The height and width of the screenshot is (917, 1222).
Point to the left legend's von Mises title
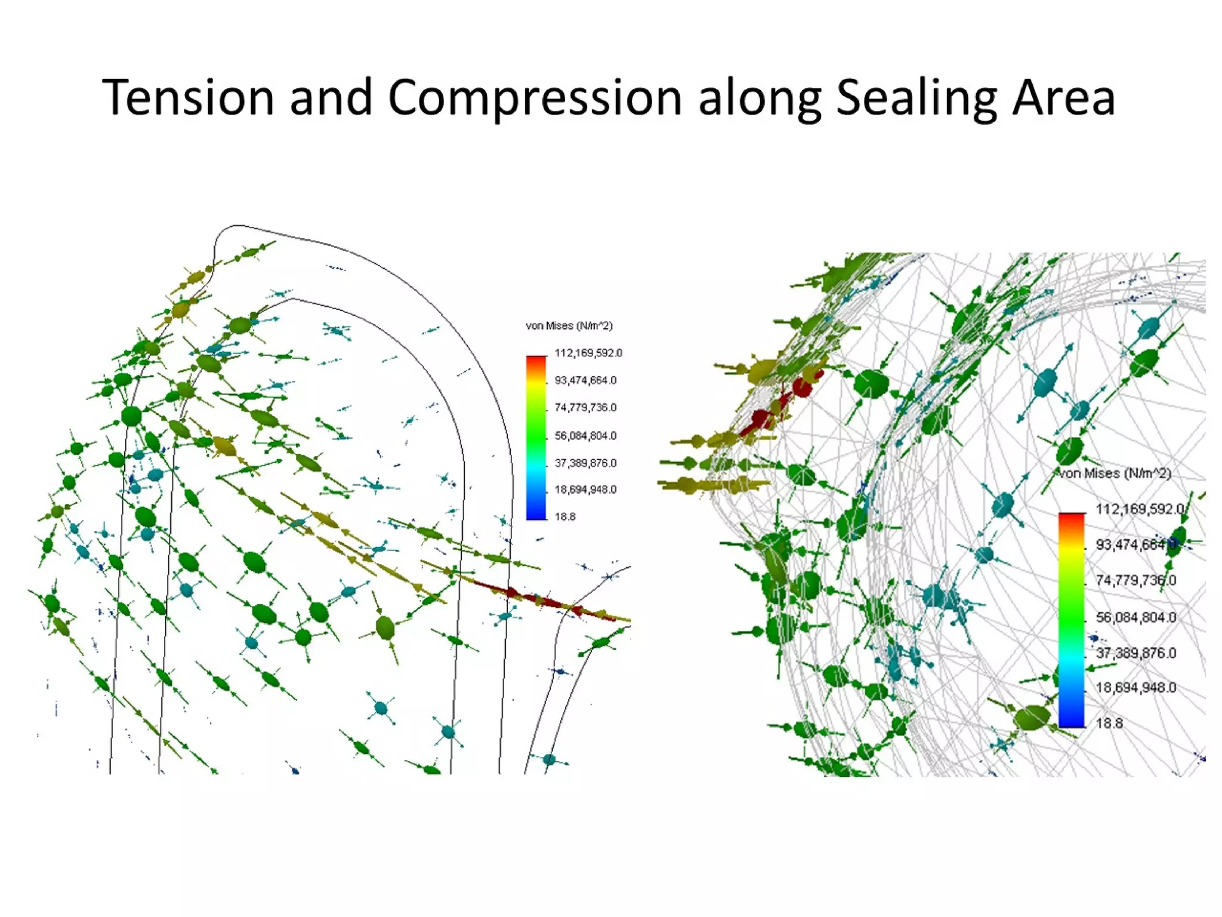point(569,326)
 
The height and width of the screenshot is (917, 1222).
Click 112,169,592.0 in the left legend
point(588,353)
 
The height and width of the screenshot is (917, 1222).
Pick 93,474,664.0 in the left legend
point(585,380)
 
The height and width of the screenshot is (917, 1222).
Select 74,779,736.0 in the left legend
point(585,408)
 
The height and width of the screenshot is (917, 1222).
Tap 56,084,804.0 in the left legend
point(585,436)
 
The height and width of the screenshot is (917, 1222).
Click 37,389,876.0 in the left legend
point(585,463)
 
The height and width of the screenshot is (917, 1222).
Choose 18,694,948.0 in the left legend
point(585,490)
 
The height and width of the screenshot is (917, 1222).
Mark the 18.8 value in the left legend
point(565,517)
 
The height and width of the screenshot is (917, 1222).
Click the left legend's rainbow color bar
point(536,438)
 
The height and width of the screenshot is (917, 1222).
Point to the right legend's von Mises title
point(1115,473)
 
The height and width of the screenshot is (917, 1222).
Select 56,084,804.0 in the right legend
point(1136,617)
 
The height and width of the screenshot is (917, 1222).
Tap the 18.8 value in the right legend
point(1109,724)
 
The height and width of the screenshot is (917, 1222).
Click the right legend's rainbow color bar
point(1072,620)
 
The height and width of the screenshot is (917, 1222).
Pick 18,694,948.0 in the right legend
point(1136,688)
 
